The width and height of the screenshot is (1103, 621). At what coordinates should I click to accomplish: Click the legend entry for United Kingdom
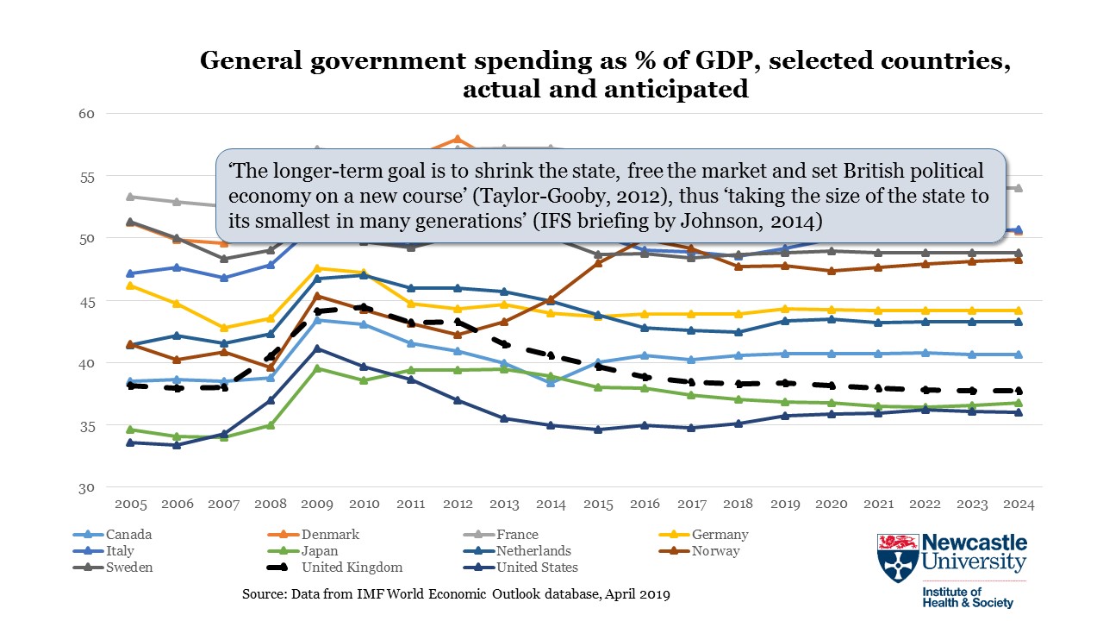[x=352, y=568]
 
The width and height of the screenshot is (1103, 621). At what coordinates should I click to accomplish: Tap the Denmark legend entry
[x=329, y=535]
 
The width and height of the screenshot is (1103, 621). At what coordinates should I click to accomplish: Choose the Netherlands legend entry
[x=533, y=551]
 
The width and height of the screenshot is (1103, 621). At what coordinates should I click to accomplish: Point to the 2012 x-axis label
[x=458, y=504]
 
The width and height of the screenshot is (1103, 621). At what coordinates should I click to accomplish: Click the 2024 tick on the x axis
[x=1017, y=504]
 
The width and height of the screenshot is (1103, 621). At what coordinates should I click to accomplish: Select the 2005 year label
[x=131, y=504]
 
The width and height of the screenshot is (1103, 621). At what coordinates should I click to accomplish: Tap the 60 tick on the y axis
[x=88, y=114]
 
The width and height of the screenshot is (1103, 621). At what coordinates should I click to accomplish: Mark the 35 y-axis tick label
[x=88, y=425]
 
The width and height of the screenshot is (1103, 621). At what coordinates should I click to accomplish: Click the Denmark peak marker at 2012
[x=458, y=139]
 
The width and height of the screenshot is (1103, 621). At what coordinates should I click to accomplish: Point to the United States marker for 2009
[x=317, y=348]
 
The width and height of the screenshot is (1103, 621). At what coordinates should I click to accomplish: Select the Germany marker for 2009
[x=317, y=268]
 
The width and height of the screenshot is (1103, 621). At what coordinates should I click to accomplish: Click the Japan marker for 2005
[x=131, y=430]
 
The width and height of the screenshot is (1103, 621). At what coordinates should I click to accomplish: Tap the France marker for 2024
[x=1017, y=188]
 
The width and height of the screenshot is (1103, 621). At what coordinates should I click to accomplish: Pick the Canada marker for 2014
[x=551, y=382]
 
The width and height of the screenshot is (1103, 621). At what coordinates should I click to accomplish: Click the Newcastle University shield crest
[x=897, y=557]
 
